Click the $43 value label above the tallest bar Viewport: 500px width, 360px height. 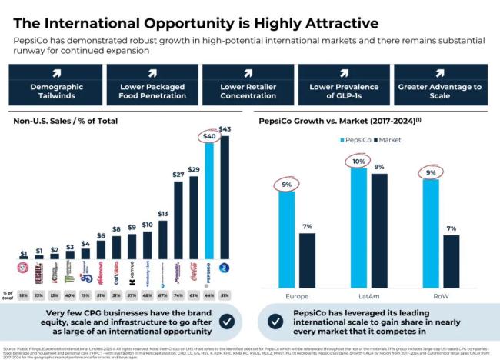click(x=225, y=128)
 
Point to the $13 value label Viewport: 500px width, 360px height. click(x=162, y=213)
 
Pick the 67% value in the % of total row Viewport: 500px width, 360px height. click(x=162, y=295)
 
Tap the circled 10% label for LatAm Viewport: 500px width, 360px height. click(x=358, y=162)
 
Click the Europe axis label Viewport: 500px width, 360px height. click(x=297, y=295)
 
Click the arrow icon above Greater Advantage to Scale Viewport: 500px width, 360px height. click(x=440, y=73)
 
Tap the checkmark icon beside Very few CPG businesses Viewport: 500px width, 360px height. click(x=227, y=321)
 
